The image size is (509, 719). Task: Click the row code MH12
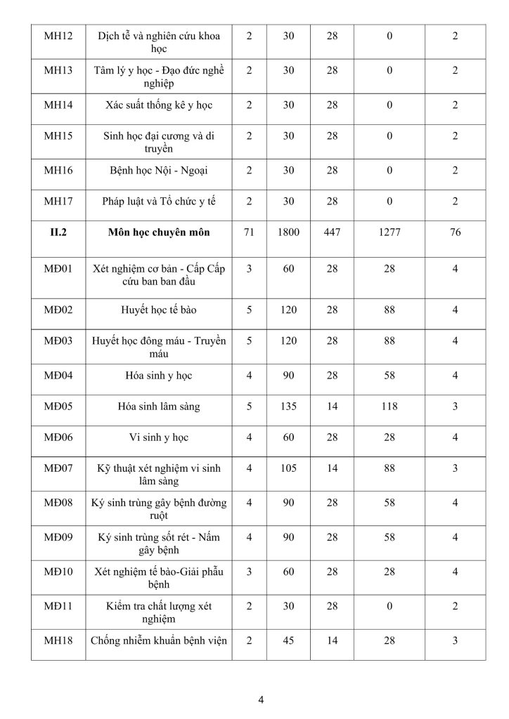click(56, 35)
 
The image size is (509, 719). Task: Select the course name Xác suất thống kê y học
click(159, 105)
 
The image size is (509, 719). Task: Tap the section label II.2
click(57, 232)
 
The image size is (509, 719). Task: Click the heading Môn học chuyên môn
click(159, 232)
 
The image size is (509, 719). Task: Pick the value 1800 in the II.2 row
click(288, 232)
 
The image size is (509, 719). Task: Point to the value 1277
click(389, 232)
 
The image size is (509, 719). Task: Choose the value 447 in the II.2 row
click(332, 232)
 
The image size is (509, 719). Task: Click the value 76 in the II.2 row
click(456, 232)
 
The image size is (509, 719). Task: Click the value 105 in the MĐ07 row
click(288, 468)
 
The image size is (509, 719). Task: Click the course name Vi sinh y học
click(159, 437)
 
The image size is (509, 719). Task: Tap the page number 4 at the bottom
click(261, 699)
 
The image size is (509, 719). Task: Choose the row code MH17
click(56, 201)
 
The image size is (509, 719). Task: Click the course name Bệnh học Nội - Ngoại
click(159, 170)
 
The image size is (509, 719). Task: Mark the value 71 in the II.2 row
click(249, 232)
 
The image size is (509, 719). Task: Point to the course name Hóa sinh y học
click(159, 376)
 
